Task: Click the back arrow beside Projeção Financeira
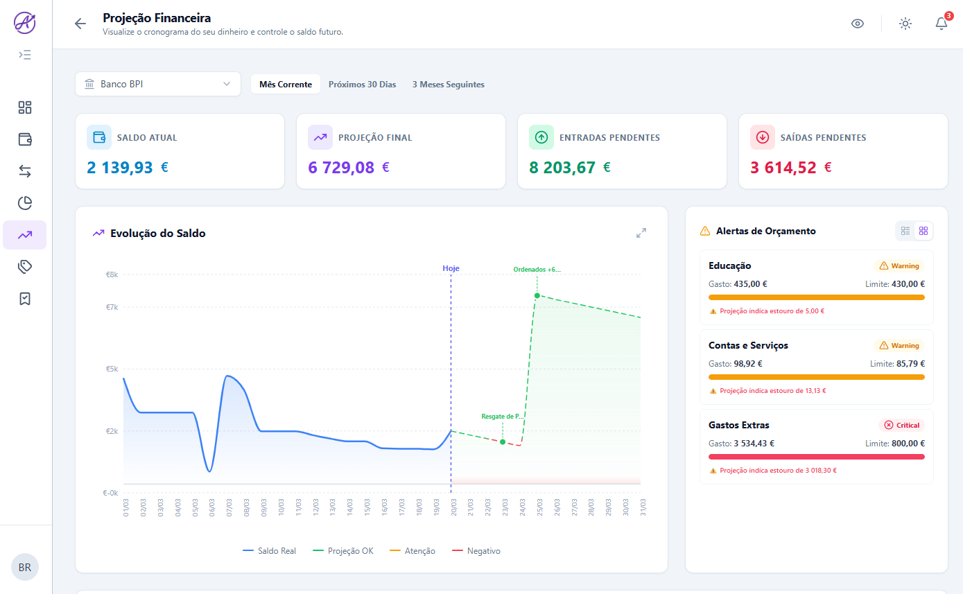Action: [x=80, y=24]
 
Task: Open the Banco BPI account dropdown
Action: [x=158, y=85]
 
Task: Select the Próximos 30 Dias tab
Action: [x=362, y=85]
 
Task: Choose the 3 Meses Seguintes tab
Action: [x=448, y=85]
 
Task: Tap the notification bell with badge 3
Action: [x=941, y=24]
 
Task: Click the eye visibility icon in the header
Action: [x=858, y=24]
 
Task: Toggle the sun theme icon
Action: [x=905, y=24]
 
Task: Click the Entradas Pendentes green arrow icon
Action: [x=541, y=137]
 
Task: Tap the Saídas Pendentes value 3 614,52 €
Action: [x=791, y=167]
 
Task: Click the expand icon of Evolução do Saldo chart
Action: [x=641, y=234]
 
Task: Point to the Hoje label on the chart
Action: [x=451, y=268]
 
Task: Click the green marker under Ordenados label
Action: [x=537, y=295]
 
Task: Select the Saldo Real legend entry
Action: [x=270, y=551]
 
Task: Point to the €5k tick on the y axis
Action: [x=111, y=369]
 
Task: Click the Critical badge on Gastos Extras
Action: [x=901, y=425]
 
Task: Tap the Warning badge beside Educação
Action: [x=899, y=265]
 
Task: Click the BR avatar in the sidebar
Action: [x=25, y=567]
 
